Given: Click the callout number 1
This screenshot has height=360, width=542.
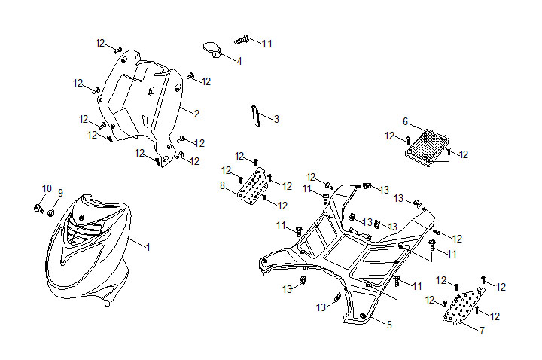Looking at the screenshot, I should click(148, 247).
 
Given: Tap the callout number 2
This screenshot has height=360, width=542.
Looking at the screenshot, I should click(196, 114).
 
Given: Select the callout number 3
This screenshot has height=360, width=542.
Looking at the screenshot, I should click(276, 119).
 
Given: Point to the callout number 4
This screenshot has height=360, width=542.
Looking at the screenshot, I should click(239, 61).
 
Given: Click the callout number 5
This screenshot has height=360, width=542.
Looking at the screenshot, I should click(389, 325).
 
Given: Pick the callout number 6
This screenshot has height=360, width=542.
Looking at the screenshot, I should click(405, 121).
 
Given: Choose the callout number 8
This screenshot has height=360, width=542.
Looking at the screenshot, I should click(222, 185).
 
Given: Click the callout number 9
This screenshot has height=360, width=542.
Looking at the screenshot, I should click(61, 192).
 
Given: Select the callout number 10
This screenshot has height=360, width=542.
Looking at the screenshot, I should click(47, 188).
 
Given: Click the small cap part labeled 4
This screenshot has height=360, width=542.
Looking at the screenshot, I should click(212, 50).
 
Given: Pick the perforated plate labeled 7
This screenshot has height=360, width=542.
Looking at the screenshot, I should click(462, 307).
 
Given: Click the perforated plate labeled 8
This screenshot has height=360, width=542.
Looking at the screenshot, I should click(254, 185).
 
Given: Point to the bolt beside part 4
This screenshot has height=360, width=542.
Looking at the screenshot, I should click(242, 39).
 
